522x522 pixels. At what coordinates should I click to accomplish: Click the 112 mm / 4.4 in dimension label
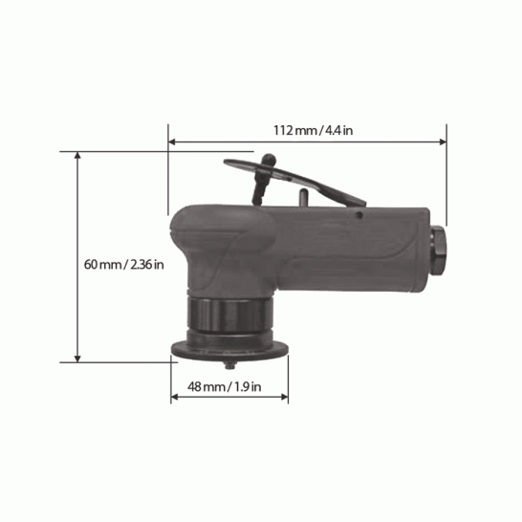point(313,130)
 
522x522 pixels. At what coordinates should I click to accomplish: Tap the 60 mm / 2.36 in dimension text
point(124,265)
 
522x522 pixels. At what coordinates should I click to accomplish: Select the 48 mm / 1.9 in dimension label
point(224,387)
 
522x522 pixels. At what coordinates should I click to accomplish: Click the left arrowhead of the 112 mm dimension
point(172,142)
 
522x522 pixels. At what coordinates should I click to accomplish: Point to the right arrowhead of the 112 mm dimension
point(443,142)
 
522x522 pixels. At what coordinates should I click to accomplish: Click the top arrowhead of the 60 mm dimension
point(77,156)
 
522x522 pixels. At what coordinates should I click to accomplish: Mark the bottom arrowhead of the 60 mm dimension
point(77,359)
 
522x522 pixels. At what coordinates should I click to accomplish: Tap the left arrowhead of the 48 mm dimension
point(174,397)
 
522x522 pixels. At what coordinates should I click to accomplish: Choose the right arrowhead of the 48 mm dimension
point(284,397)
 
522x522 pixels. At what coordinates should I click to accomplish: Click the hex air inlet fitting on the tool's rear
point(438,250)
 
